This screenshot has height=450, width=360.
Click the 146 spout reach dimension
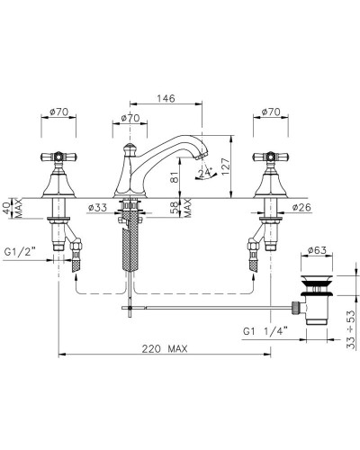(166, 98)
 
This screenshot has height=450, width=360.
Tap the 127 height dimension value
(226, 166)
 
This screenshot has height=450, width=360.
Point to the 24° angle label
(206, 173)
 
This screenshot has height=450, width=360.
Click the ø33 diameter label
(98, 207)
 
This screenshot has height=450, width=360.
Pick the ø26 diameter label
(301, 207)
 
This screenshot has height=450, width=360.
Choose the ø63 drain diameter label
(317, 250)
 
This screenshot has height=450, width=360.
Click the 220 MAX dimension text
(165, 348)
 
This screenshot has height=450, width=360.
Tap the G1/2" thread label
(20, 252)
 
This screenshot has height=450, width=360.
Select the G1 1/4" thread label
(265, 331)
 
